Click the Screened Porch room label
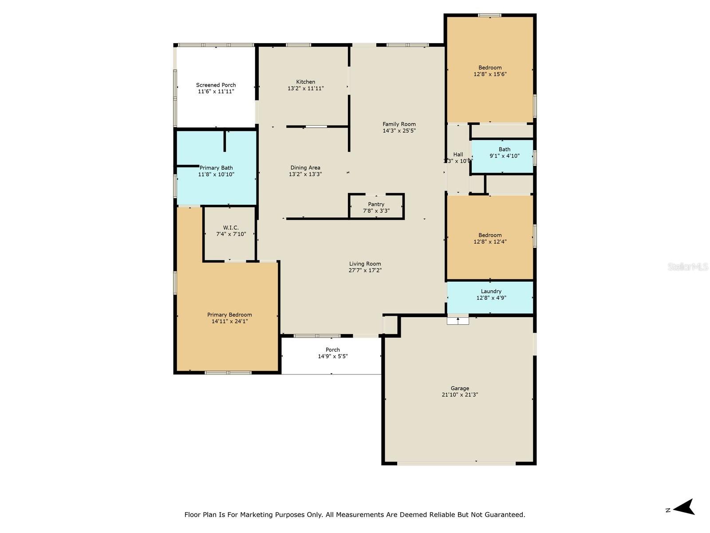coord(216,85)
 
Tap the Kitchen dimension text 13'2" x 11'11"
coord(305,88)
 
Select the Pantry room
coord(376,207)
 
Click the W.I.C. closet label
coord(230,227)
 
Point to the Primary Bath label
coord(216,167)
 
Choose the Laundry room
coord(490,295)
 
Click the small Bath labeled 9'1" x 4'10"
coord(504,152)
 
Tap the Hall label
coord(458,155)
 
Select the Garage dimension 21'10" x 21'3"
coord(460,395)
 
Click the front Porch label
coord(332,350)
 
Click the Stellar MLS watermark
coord(687,267)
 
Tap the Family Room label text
coord(399,124)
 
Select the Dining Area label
coord(305,167)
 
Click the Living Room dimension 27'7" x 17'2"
coord(365,270)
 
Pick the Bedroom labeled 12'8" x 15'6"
coord(490,71)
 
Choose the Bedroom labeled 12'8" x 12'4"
coord(490,239)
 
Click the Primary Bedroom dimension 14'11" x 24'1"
coord(229,321)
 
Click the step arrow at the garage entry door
coord(458,320)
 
